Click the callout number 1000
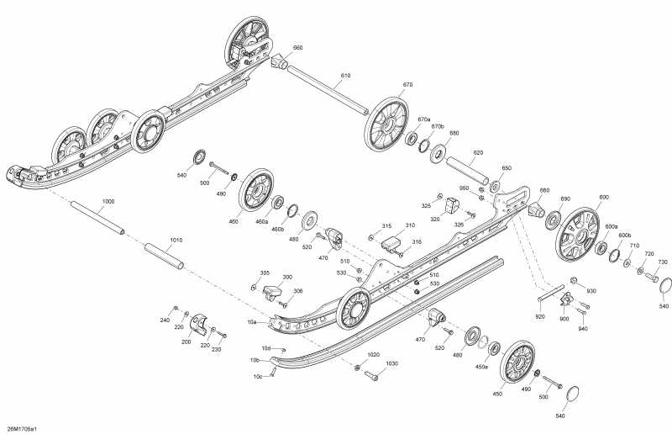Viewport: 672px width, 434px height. tap(108, 202)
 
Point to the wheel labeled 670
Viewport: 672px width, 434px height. tap(386, 123)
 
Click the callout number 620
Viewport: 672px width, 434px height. tap(478, 153)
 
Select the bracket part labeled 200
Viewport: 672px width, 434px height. tap(199, 324)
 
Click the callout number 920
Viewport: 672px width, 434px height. tap(540, 316)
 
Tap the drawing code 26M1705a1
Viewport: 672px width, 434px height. tap(22, 429)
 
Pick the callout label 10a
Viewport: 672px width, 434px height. tap(252, 320)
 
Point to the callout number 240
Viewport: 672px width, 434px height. tap(165, 320)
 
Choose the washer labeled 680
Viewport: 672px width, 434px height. tap(438, 154)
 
